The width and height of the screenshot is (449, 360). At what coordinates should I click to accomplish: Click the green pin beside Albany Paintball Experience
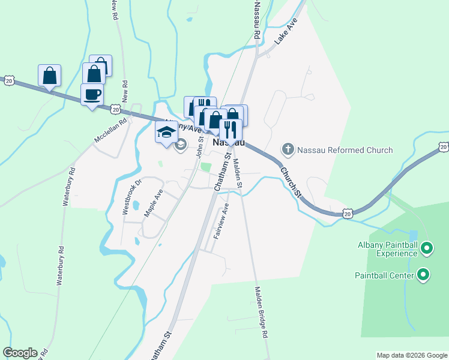point(427,247)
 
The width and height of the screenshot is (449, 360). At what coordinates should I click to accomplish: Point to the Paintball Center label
point(384,275)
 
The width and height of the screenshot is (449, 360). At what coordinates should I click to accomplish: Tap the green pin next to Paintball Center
point(424,275)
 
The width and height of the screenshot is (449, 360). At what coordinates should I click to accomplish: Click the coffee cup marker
point(92,95)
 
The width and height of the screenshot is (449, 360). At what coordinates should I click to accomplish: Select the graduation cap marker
point(166,133)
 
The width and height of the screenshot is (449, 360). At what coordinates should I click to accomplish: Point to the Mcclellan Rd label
point(110,130)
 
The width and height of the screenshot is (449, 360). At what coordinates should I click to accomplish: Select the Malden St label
point(237,173)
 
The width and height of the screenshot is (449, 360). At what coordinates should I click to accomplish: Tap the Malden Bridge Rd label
point(261,313)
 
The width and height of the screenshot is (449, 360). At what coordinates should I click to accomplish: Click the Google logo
point(20,353)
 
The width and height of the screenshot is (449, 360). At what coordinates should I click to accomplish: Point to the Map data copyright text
point(412,355)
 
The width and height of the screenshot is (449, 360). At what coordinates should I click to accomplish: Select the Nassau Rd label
point(256,19)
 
